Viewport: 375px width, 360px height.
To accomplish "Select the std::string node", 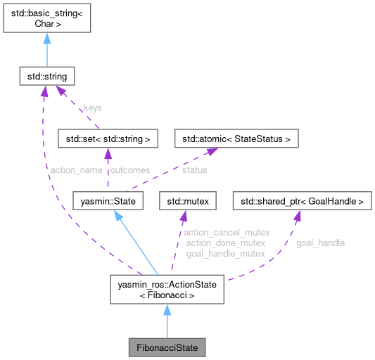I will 46,73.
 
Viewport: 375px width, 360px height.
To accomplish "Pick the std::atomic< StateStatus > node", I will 236,139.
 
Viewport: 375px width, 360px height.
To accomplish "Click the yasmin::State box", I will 108,202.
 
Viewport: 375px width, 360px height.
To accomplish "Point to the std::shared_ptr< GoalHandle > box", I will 301,202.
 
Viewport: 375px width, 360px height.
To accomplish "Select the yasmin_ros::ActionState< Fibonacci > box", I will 167,290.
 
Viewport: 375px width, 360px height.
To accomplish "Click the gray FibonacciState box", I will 167,347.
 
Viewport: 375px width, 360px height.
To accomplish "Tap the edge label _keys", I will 91,108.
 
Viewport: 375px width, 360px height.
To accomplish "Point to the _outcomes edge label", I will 129,169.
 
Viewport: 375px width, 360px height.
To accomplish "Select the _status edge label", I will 193,169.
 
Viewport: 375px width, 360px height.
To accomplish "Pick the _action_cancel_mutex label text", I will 217,232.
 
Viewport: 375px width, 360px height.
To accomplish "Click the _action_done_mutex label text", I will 215,243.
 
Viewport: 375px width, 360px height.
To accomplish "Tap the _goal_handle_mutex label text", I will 215,253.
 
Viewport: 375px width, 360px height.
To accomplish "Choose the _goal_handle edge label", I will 319,243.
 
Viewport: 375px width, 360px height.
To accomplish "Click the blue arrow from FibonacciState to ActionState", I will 167,321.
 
